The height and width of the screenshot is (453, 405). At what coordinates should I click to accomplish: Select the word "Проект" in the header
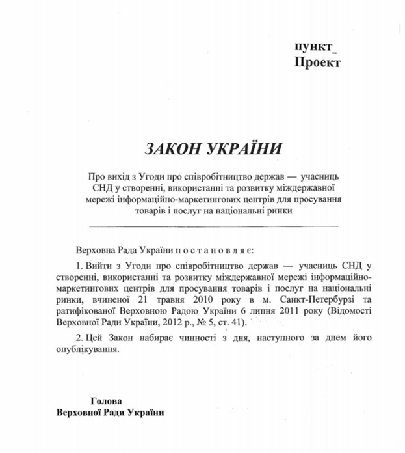tap(317, 63)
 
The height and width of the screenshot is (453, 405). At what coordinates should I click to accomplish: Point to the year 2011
tap(262, 310)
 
